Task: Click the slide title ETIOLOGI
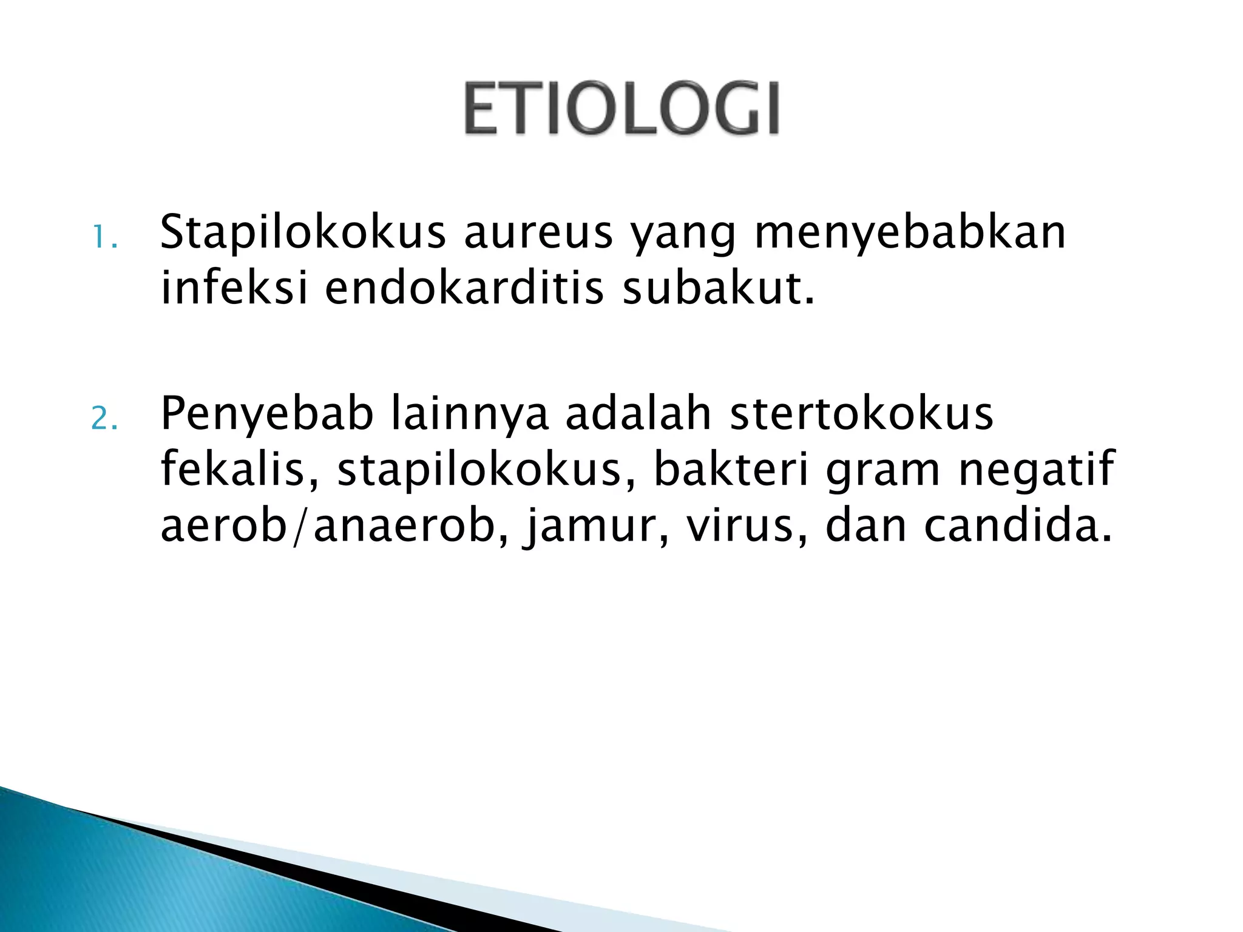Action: click(x=621, y=109)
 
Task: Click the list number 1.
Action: click(x=104, y=237)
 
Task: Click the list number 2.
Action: click(x=104, y=418)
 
